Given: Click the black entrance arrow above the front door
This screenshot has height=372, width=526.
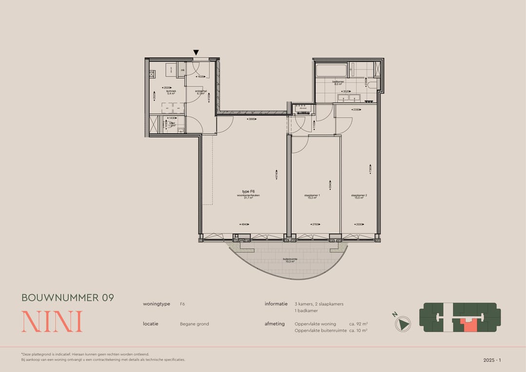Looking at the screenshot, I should pyautogui.click(x=196, y=53).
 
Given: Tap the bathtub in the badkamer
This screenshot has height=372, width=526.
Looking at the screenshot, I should pyautogui.click(x=331, y=71).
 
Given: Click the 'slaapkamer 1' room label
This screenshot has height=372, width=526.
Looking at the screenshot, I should pyautogui.click(x=312, y=196).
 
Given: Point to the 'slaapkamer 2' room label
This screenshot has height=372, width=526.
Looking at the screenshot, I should pyautogui.click(x=359, y=196).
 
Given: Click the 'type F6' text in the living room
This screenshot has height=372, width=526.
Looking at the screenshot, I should pyautogui.click(x=248, y=192).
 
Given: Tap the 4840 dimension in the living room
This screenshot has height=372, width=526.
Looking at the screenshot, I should pyautogui.click(x=244, y=224).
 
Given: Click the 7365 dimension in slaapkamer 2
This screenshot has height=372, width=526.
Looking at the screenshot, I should pyautogui.click(x=371, y=169).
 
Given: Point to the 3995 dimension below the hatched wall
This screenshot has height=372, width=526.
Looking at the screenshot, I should pyautogui.click(x=252, y=119).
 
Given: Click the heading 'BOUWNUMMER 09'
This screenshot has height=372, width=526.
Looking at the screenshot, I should pyautogui.click(x=68, y=297).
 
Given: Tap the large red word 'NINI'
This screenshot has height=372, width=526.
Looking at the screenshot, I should pyautogui.click(x=52, y=322).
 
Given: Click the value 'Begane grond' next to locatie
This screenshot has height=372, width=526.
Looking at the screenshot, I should pyautogui.click(x=194, y=324).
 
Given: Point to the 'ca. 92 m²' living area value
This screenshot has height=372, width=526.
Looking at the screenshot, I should pyautogui.click(x=358, y=324).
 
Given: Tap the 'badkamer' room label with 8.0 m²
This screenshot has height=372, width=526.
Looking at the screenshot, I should pyautogui.click(x=338, y=82).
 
